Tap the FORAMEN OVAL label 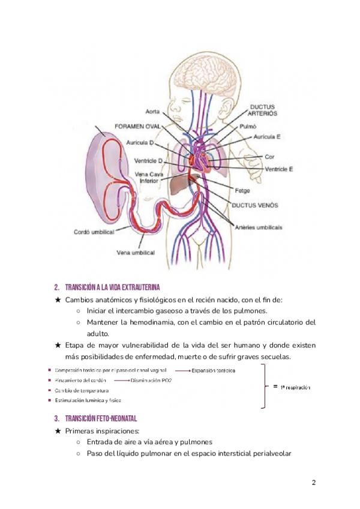tap(139, 127)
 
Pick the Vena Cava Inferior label tap(148, 177)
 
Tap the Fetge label tap(242, 191)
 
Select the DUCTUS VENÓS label tap(255, 205)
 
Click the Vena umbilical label tap(136, 253)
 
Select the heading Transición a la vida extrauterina tap(112, 286)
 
